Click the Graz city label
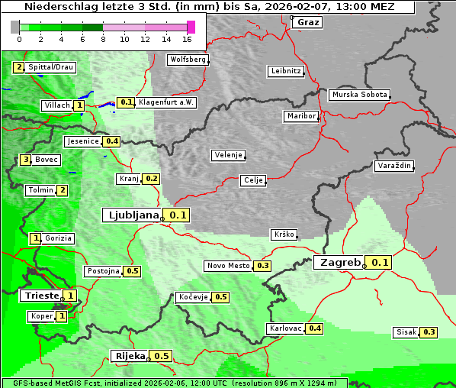point(308,22)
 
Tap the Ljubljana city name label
point(131,215)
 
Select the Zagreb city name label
point(339,263)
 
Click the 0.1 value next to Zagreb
point(381,263)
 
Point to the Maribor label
point(300,116)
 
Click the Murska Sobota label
point(359,95)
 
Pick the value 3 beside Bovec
point(26,160)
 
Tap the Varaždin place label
point(394,166)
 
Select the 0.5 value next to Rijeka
point(162,356)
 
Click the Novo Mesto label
point(228,266)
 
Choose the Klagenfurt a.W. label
point(166,102)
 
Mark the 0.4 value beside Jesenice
point(112,141)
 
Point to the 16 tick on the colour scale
point(188,39)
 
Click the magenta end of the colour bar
point(191,27)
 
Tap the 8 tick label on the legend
point(103,39)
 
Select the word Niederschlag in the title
point(57,7)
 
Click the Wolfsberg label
point(188,60)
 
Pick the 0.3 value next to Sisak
point(429,332)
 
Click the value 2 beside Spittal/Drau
point(19,67)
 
